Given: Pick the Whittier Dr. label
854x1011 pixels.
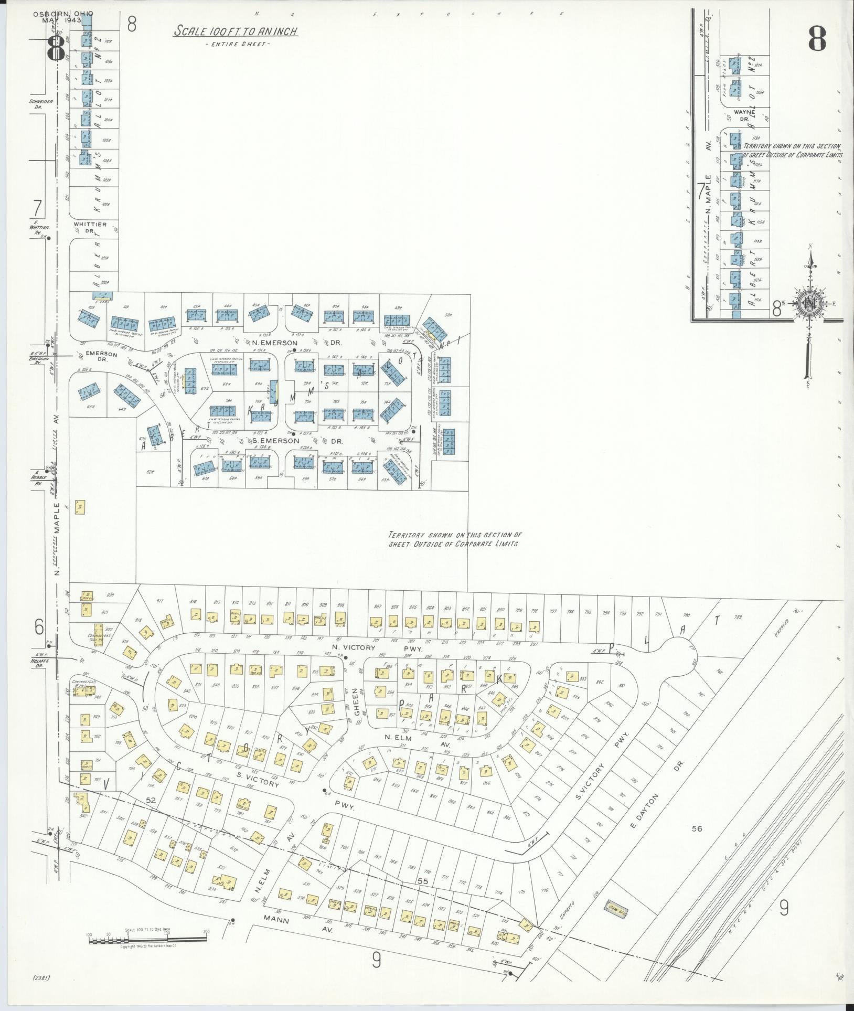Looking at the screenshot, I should [x=90, y=227].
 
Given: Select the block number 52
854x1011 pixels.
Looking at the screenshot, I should [x=152, y=815].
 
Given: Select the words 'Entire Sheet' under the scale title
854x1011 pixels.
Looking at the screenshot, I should [x=238, y=45].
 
